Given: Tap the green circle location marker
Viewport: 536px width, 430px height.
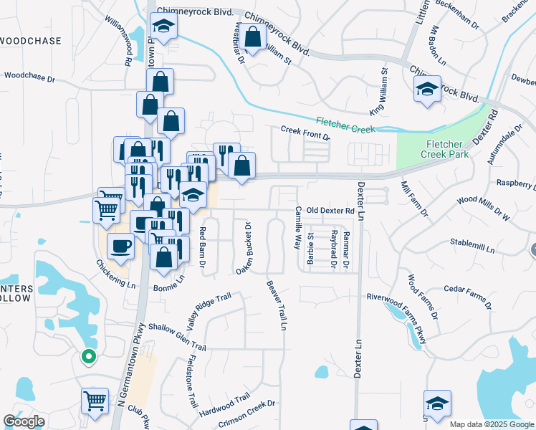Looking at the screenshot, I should tap(88, 355).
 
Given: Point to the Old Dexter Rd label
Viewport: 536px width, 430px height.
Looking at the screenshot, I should tap(330, 211).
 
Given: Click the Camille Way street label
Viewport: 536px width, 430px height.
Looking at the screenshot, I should tap(297, 228).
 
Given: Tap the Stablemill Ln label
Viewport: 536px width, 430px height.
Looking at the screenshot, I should tap(473, 247).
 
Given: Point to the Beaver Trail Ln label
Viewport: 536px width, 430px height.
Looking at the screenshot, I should tap(277, 304).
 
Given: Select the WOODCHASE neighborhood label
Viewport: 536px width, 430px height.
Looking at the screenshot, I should tap(30, 41).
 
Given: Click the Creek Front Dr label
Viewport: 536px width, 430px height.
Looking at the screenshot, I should tap(305, 133).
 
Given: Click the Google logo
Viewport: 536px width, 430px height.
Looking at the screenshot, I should tap(24, 421).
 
